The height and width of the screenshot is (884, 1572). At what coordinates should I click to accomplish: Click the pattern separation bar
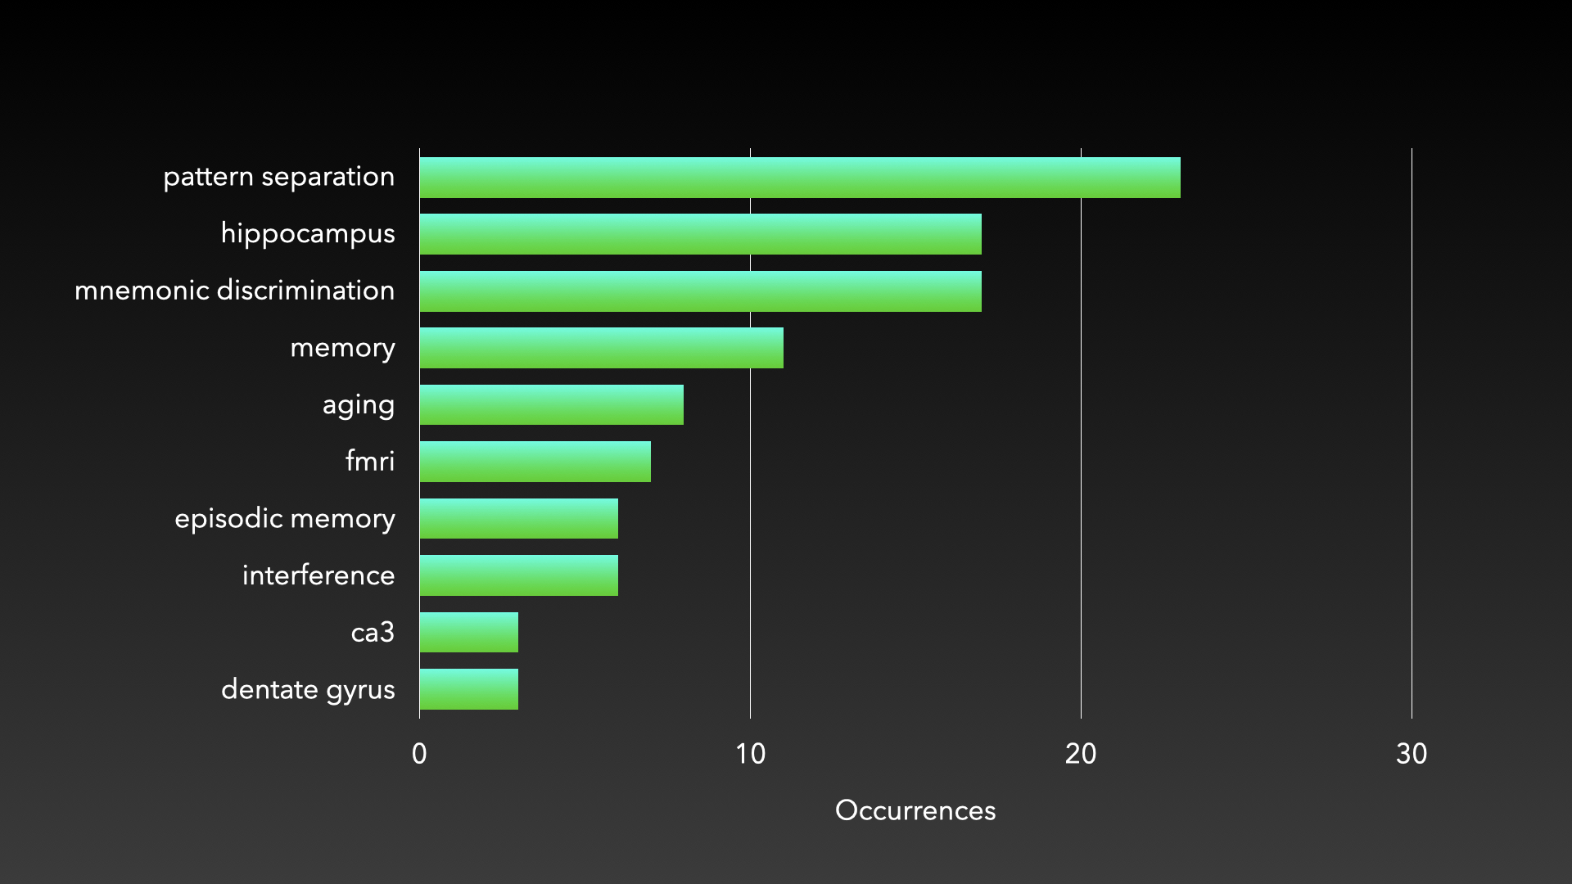point(800,178)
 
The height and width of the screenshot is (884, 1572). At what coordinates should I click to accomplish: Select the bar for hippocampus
point(700,234)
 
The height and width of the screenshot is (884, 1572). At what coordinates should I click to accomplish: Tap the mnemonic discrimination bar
point(700,291)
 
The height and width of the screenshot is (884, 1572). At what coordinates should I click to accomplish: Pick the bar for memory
point(601,348)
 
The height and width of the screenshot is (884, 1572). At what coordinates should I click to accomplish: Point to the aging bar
point(551,405)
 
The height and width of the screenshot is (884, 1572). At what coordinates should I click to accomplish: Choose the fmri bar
point(535,462)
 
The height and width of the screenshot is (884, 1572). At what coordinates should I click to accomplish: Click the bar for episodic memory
point(518,519)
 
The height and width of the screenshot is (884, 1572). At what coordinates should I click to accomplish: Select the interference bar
point(518,575)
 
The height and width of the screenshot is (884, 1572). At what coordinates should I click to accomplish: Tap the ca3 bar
point(468,633)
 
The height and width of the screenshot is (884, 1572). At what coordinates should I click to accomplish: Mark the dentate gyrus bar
point(468,689)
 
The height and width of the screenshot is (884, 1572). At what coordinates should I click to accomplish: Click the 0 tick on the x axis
point(419,754)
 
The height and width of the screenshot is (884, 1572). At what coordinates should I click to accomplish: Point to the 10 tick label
point(750,754)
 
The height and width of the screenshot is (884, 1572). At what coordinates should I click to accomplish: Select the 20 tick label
point(1081,754)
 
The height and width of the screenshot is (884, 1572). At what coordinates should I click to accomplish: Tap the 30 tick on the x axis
point(1412,754)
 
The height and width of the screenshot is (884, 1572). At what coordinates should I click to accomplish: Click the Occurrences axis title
point(915,810)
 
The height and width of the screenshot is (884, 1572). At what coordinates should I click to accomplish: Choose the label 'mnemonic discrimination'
point(234,291)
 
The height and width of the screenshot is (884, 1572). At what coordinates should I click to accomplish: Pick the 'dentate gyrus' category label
point(308,690)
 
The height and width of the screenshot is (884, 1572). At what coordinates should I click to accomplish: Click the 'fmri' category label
point(370,462)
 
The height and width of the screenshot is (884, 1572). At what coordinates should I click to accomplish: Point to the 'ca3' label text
point(373,633)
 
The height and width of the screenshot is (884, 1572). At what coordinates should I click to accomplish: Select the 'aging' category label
point(359,405)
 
